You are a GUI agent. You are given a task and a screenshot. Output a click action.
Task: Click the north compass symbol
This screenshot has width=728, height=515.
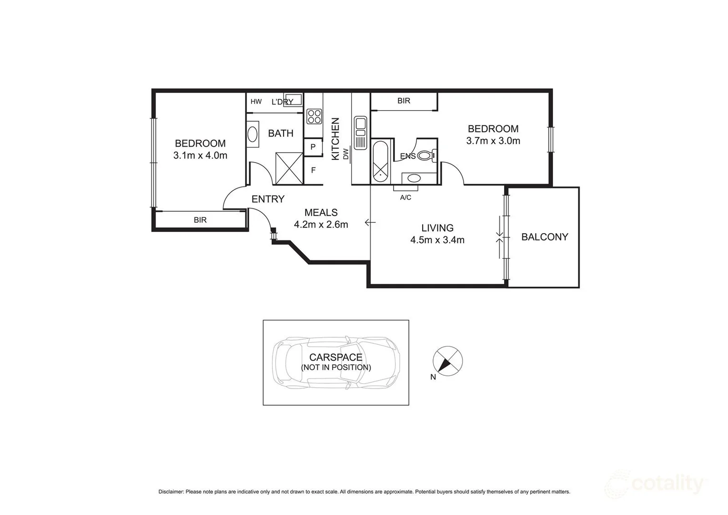pyautogui.click(x=447, y=360)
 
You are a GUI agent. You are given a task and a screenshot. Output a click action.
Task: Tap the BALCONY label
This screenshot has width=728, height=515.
pyautogui.click(x=545, y=237)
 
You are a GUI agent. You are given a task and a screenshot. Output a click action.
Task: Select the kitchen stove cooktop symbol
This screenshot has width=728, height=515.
pyautogui.click(x=314, y=116)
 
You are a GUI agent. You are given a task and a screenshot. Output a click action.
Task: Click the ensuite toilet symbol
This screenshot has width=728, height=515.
pyautogui.click(x=426, y=155)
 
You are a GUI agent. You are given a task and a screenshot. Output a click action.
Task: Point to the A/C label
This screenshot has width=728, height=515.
pyautogui.click(x=405, y=197)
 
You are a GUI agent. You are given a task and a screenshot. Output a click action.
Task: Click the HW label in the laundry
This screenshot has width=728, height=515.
pyautogui.click(x=256, y=102)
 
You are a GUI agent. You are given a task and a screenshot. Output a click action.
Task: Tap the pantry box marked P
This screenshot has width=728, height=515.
pyautogui.click(x=313, y=147)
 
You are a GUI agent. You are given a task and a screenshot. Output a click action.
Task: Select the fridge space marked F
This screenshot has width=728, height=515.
pyautogui.click(x=313, y=170)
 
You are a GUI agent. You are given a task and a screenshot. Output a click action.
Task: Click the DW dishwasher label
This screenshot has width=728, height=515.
pyautogui.click(x=346, y=154)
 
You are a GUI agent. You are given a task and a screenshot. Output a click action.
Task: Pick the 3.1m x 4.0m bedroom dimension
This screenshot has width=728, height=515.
pyautogui.click(x=200, y=155)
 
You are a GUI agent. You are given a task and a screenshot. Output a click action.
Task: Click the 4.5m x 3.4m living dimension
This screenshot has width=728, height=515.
pyautogui.click(x=437, y=240)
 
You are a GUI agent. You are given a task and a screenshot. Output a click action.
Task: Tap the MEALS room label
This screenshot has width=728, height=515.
pyautogui.click(x=321, y=213)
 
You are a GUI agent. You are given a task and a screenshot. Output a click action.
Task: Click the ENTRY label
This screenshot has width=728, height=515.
pyautogui.click(x=268, y=199)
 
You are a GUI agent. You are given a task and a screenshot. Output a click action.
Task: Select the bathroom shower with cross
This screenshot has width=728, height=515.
pyautogui.click(x=289, y=168)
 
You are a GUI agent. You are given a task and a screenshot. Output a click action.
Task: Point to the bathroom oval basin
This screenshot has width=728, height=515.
pyautogui.click(x=253, y=133)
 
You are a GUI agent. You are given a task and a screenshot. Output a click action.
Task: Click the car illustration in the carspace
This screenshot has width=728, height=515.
pyautogui.click(x=336, y=362)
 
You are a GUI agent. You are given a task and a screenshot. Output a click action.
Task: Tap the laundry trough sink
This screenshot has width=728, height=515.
pyautogui.click(x=293, y=100)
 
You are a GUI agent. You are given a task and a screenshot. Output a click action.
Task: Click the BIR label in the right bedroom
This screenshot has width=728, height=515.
pyautogui.click(x=404, y=101)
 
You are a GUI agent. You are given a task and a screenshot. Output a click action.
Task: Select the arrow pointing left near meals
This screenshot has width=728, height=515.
pyautogui.click(x=370, y=222)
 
